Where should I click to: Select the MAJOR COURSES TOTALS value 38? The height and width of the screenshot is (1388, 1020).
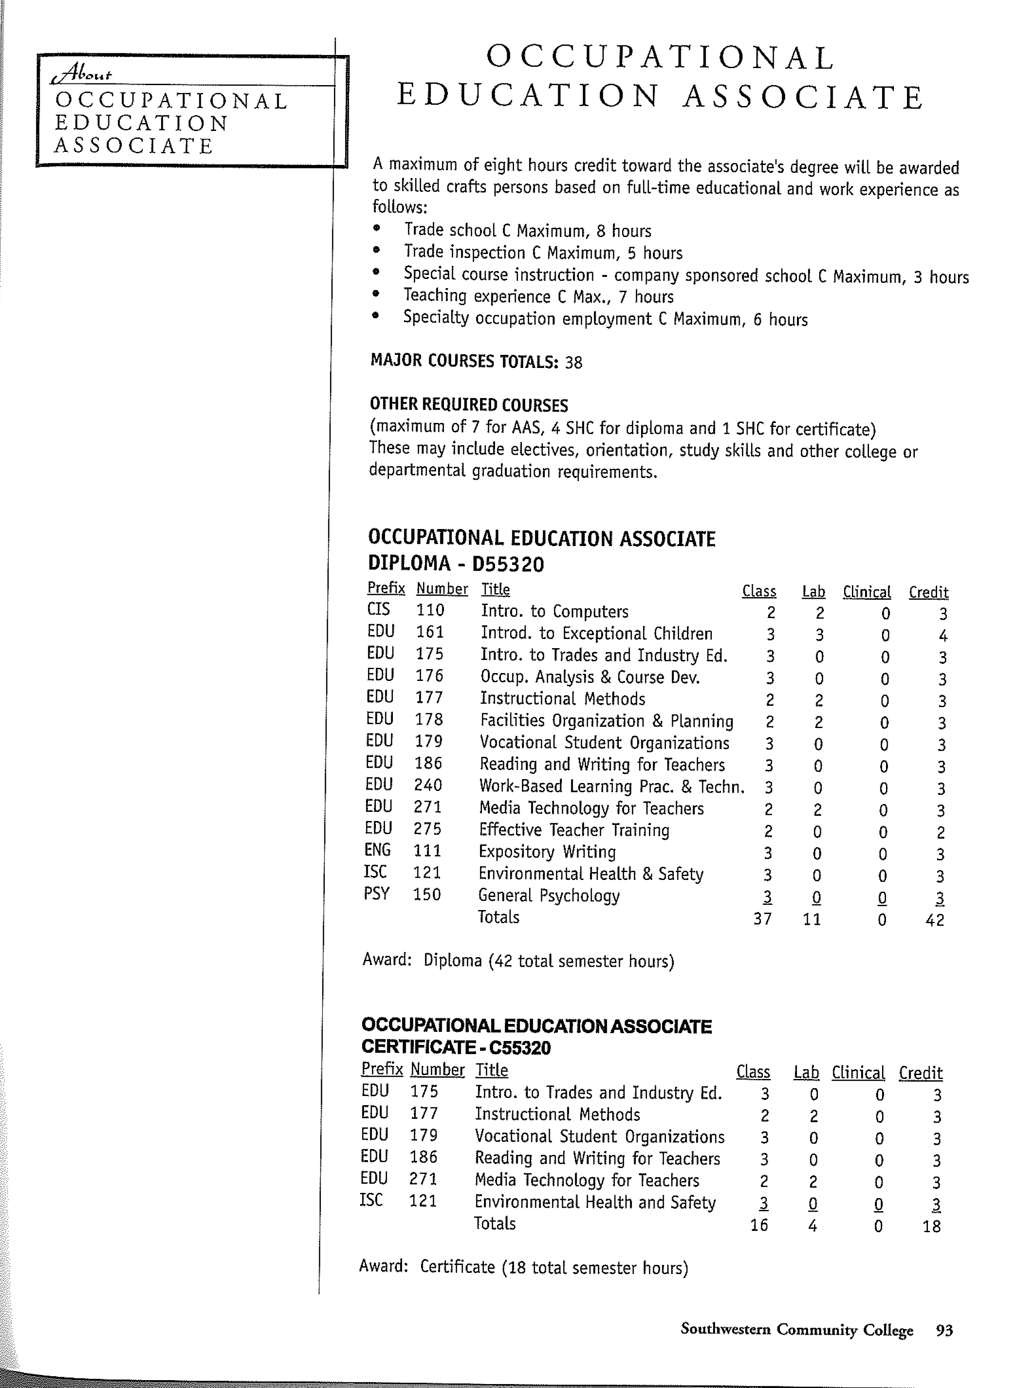574,362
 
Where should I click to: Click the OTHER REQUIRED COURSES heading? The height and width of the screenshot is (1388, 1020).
469,405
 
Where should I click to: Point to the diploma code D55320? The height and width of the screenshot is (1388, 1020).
508,564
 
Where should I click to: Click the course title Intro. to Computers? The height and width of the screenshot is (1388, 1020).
554,611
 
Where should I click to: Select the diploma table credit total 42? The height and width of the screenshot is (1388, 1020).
935,920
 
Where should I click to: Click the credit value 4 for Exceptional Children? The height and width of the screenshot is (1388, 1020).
943,636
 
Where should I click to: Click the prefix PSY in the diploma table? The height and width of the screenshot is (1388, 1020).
376,894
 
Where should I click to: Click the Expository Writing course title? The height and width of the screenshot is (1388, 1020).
547,852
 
